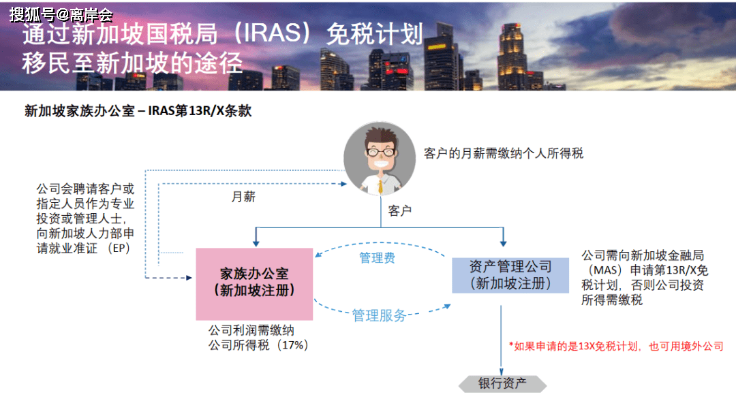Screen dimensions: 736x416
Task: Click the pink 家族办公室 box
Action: (x=254, y=284)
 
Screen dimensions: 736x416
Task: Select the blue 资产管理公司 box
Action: (x=510, y=275)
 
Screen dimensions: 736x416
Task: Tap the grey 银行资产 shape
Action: (x=503, y=383)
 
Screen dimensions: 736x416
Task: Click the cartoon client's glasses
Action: (x=381, y=152)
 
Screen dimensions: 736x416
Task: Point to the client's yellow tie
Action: (x=380, y=186)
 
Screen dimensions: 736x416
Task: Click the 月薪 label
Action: (x=243, y=197)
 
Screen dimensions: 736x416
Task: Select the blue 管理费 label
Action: (x=377, y=257)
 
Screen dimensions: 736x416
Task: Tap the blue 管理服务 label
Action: (x=379, y=315)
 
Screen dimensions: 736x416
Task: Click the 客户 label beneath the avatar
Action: (x=399, y=210)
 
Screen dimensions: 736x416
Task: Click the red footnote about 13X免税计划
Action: (x=616, y=346)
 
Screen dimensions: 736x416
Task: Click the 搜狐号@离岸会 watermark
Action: (x=61, y=15)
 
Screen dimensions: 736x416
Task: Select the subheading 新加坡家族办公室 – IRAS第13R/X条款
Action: (x=138, y=111)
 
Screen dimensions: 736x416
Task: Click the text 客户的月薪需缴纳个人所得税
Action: (x=504, y=153)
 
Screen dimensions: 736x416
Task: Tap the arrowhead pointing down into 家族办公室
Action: (x=256, y=242)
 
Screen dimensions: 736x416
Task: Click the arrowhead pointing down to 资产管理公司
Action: (x=503, y=242)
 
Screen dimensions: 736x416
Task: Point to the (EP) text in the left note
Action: (x=119, y=248)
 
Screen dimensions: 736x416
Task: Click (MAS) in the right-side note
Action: (x=607, y=270)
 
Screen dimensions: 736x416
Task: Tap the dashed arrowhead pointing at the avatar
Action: (x=343, y=184)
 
